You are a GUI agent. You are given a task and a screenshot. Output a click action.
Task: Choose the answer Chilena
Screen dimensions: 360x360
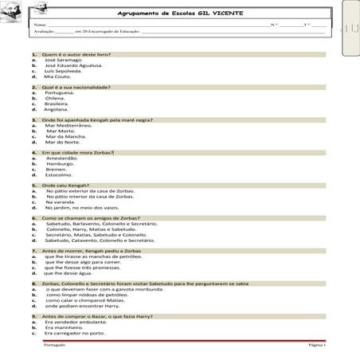click(59, 98)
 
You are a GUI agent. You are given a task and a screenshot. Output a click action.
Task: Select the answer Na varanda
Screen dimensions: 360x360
click(63, 202)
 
